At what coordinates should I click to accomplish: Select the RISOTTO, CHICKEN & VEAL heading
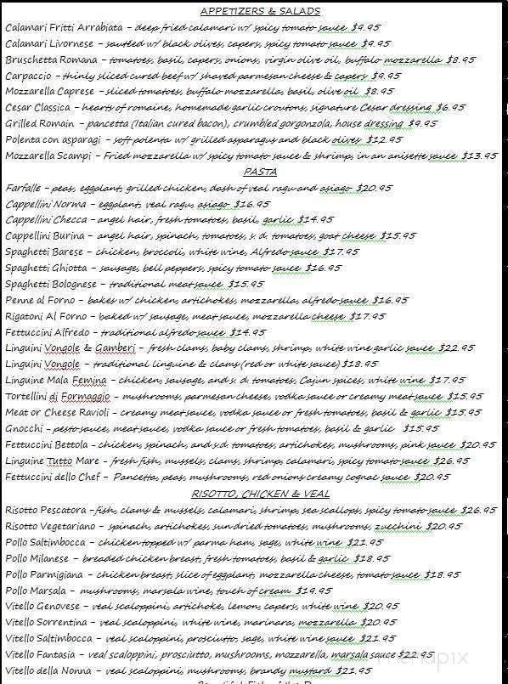point(260,495)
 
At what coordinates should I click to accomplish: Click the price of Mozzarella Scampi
point(478,156)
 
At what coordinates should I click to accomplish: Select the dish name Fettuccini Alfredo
point(48,332)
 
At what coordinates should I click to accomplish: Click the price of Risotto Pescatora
point(478,511)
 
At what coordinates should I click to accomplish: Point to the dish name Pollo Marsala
point(38,591)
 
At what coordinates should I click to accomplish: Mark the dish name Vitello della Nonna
point(50,670)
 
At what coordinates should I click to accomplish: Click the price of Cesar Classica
point(450,108)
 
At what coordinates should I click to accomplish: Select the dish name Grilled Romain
point(40,124)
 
